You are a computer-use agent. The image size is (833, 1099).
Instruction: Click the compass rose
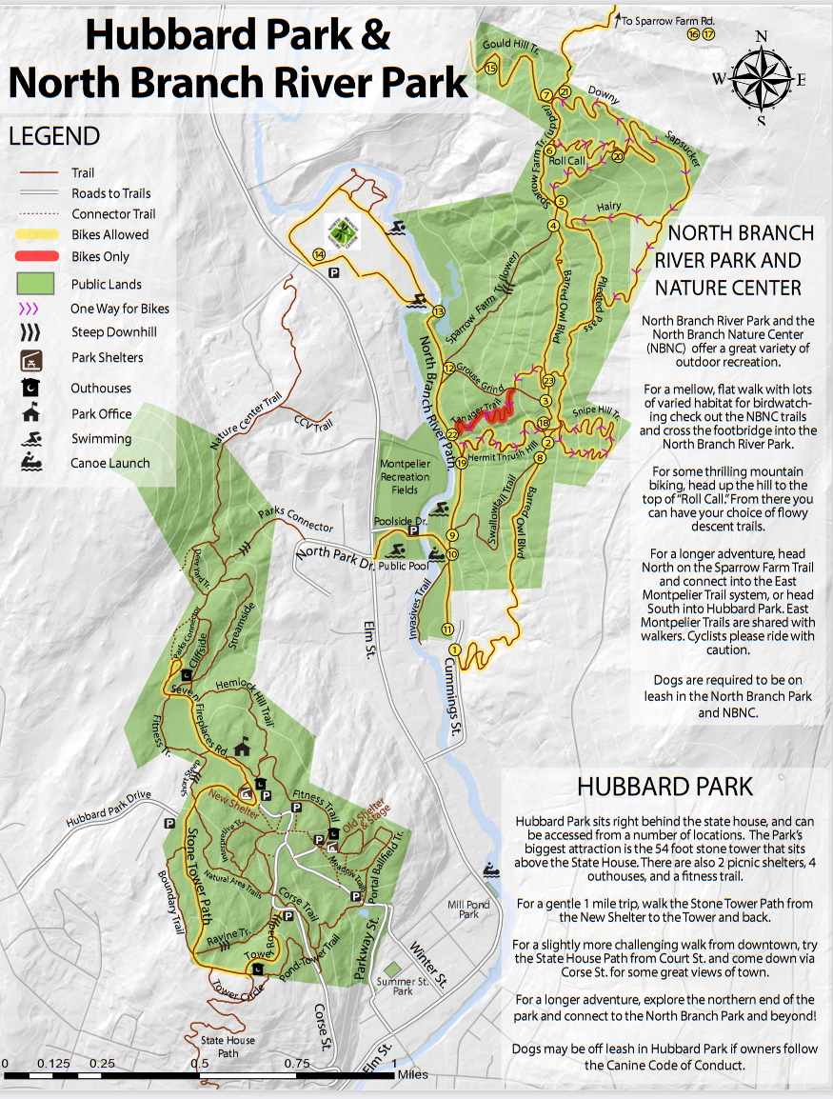pyautogui.click(x=761, y=76)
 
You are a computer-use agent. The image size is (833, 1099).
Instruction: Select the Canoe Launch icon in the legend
pyautogui.click(x=31, y=463)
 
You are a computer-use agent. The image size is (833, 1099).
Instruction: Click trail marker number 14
pyautogui.click(x=318, y=254)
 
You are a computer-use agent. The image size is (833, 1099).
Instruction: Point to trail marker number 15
pyautogui.click(x=490, y=69)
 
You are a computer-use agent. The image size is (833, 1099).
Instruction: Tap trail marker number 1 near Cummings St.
pyautogui.click(x=454, y=649)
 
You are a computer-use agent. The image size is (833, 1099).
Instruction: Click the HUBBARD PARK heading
pyautogui.click(x=664, y=787)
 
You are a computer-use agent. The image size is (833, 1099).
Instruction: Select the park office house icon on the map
pyautogui.click(x=245, y=748)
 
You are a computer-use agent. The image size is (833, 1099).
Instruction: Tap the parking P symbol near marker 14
pyautogui.click(x=334, y=272)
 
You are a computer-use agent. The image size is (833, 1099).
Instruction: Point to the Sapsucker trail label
pyautogui.click(x=683, y=149)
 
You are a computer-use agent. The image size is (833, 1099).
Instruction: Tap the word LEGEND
pyautogui.click(x=54, y=136)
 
